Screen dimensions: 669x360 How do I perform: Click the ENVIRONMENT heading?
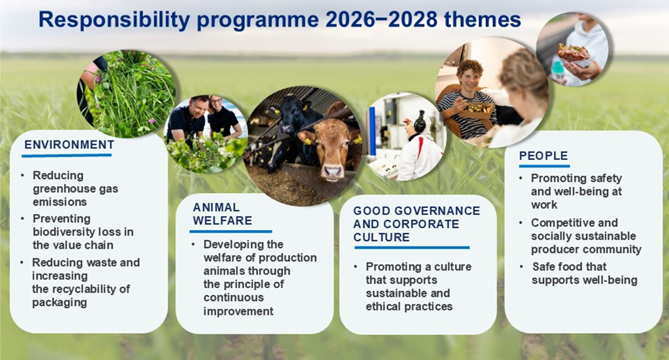pos(69,145)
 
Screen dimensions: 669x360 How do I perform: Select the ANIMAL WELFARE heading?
pos(222,214)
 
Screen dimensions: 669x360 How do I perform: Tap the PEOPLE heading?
pos(543,156)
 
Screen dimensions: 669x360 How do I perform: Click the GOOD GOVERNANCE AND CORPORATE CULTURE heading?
pos(416,224)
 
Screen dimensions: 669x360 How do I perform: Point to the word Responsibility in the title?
pos(114,19)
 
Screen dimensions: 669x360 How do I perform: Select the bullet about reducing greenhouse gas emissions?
pos(75,188)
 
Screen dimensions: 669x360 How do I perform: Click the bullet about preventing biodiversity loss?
pos(83,232)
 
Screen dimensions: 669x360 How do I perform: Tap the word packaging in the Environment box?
pos(59,302)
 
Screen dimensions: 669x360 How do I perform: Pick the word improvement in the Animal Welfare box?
pos(238,311)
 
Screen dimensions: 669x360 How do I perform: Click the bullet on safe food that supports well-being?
pos(584,273)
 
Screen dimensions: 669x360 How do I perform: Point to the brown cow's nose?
pos(332,172)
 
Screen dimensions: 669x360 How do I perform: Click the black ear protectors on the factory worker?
pos(419,122)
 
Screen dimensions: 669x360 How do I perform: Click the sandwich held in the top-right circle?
pos(573,53)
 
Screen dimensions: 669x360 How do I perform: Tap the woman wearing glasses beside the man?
pos(223,117)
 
